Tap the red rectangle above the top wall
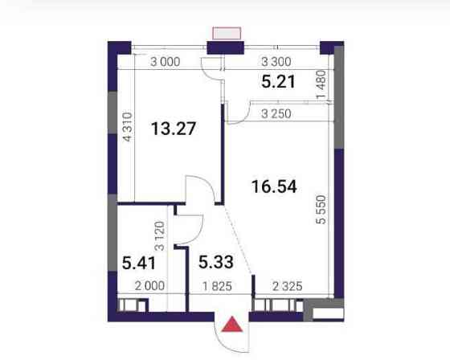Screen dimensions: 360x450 (x=227, y=33)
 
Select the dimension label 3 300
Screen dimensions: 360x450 (x=275, y=61)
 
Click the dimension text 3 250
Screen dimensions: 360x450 (x=276, y=114)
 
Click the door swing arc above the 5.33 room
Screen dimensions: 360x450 (x=199, y=191)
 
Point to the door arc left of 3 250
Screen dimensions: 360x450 (x=237, y=114)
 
